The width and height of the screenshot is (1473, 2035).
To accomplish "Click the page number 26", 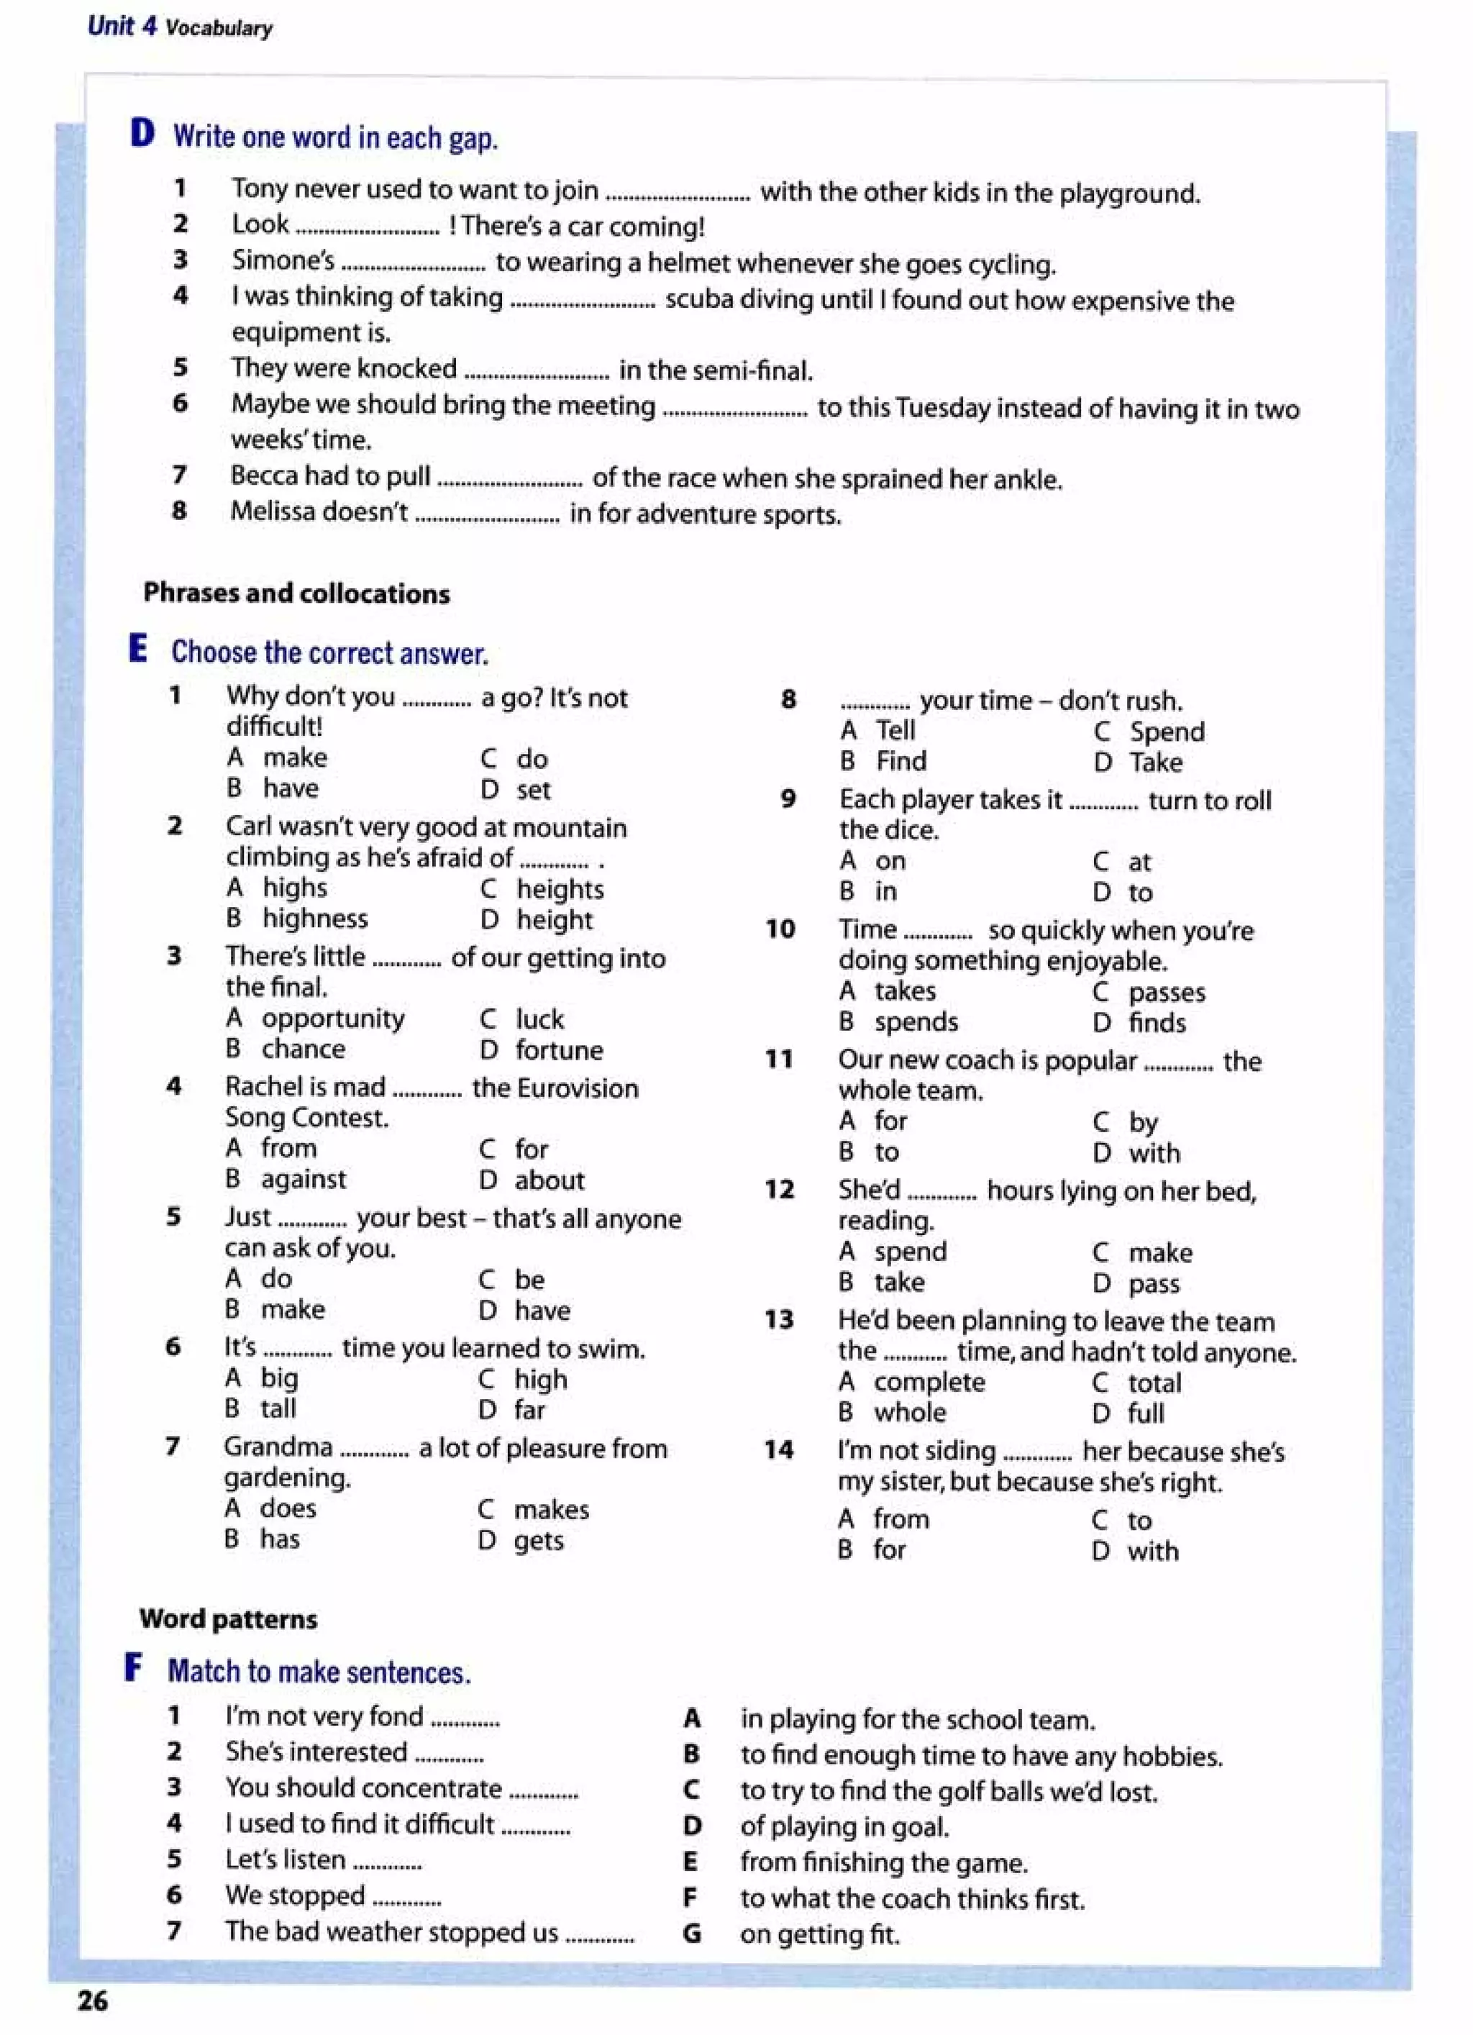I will [92, 2000].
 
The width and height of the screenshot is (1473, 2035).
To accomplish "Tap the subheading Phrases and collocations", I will [296, 593].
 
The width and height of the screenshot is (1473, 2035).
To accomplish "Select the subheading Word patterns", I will [229, 1619].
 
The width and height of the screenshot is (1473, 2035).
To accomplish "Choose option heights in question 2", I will [560, 888].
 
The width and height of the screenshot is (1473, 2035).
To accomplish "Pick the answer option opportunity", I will [333, 1019].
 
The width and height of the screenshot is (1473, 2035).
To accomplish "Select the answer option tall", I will [278, 1408].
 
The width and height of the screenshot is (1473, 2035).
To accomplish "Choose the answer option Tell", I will [895, 730].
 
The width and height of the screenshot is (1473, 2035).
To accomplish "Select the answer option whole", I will [910, 1412].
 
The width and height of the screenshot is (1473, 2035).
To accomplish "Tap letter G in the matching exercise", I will [690, 1933].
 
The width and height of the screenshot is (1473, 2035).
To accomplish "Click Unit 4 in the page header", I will [122, 26].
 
